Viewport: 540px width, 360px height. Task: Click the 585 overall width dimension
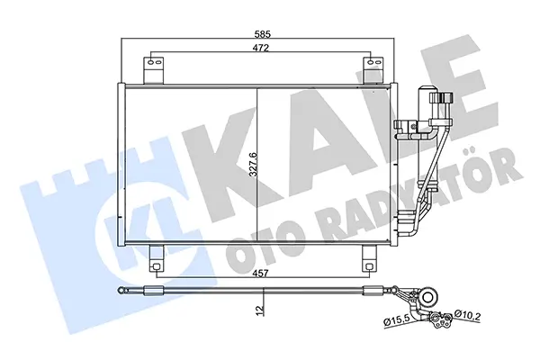(263, 34)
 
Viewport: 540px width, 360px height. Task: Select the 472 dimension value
(260, 48)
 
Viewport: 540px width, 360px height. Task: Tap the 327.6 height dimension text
(253, 164)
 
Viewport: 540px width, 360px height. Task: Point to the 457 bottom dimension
(260, 274)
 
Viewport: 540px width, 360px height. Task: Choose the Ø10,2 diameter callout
(467, 314)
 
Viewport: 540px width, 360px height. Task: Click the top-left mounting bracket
(154, 70)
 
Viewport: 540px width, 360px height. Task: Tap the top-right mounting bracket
(373, 70)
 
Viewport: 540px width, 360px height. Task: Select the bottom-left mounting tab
(156, 258)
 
